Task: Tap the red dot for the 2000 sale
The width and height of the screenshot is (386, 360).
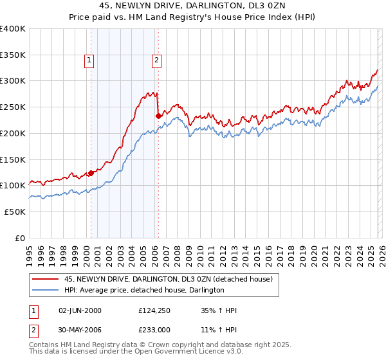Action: (91, 172)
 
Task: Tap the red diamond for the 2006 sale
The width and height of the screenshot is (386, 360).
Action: (158, 116)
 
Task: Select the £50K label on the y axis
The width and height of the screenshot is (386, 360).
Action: (15, 212)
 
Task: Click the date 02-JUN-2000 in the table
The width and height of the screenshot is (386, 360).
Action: (80, 310)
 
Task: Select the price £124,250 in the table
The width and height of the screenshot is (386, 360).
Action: (153, 310)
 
